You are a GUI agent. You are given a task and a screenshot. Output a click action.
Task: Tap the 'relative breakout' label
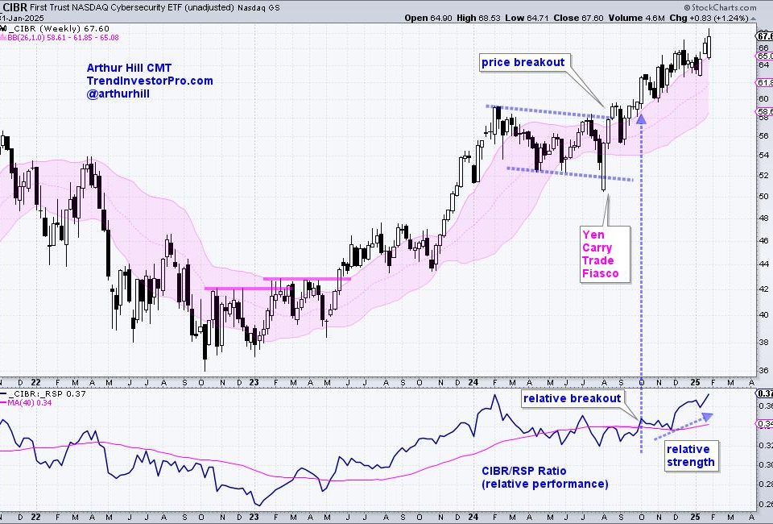(x=572, y=398)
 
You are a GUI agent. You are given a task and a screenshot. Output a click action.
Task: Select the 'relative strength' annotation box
(x=690, y=455)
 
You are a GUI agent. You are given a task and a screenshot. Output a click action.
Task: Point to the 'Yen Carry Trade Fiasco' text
(x=600, y=254)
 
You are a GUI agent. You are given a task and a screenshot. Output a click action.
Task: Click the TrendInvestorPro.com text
(x=150, y=81)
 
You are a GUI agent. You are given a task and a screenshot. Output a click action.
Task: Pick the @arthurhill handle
(x=118, y=94)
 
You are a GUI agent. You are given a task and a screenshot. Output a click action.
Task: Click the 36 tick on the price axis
(x=762, y=372)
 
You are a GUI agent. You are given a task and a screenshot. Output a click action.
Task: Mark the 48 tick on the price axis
(x=762, y=218)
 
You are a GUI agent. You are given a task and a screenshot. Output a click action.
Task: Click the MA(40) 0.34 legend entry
(x=30, y=403)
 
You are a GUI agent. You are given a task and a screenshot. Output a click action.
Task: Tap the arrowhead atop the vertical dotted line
(x=642, y=119)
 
